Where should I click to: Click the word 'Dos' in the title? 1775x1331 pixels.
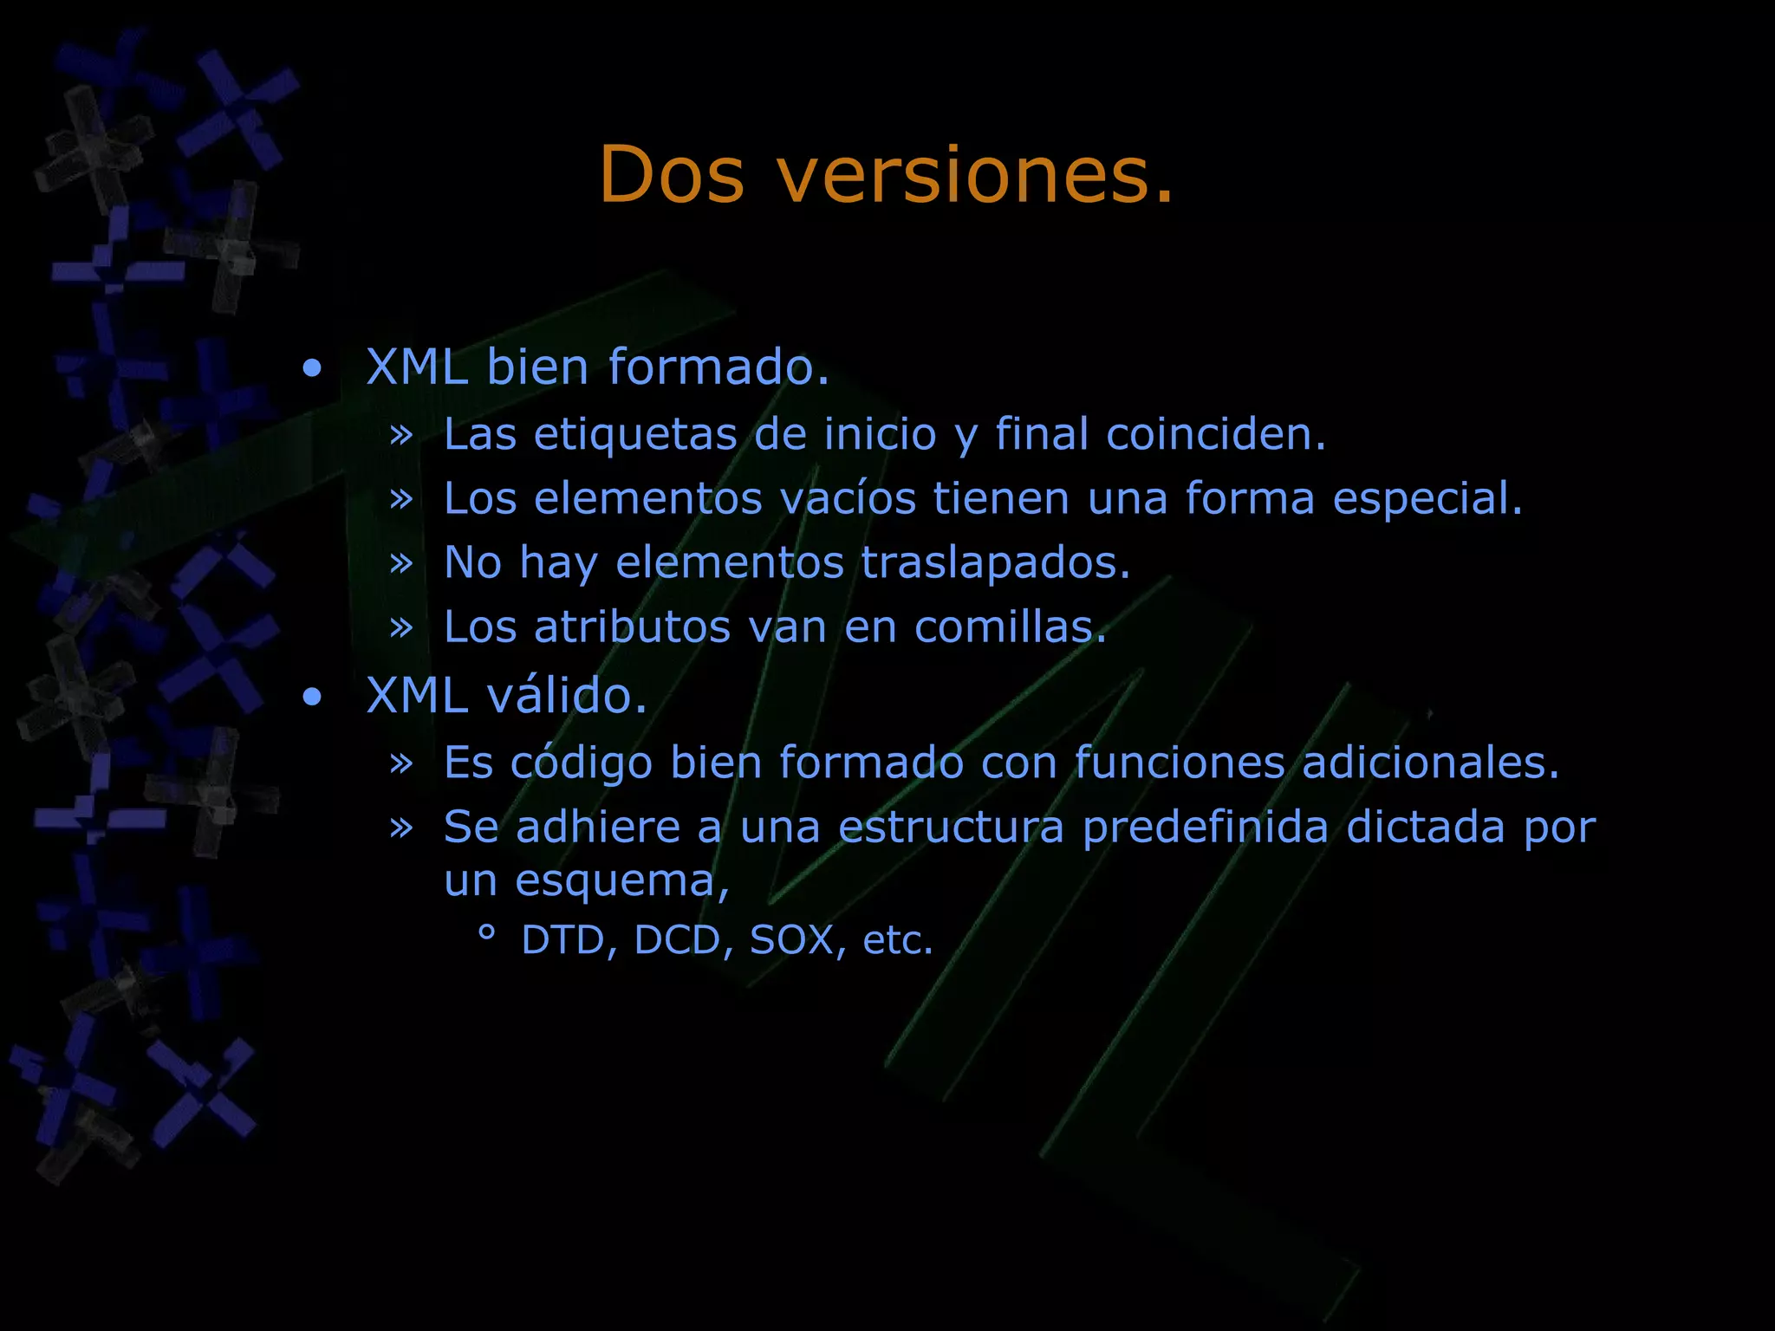point(672,175)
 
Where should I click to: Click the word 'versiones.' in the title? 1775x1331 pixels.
point(975,175)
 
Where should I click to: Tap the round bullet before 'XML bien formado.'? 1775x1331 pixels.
point(312,369)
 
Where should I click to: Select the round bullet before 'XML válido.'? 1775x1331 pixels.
point(312,698)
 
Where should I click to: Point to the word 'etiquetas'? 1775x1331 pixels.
point(635,434)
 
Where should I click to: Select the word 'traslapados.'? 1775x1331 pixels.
point(996,562)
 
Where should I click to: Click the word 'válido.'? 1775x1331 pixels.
point(567,696)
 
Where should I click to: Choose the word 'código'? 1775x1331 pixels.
point(581,763)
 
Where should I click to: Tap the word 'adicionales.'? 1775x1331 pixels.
point(1431,763)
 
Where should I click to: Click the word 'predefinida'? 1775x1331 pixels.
point(1206,827)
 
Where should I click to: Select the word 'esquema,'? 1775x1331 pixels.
point(622,881)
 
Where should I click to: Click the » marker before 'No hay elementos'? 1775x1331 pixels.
point(401,563)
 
